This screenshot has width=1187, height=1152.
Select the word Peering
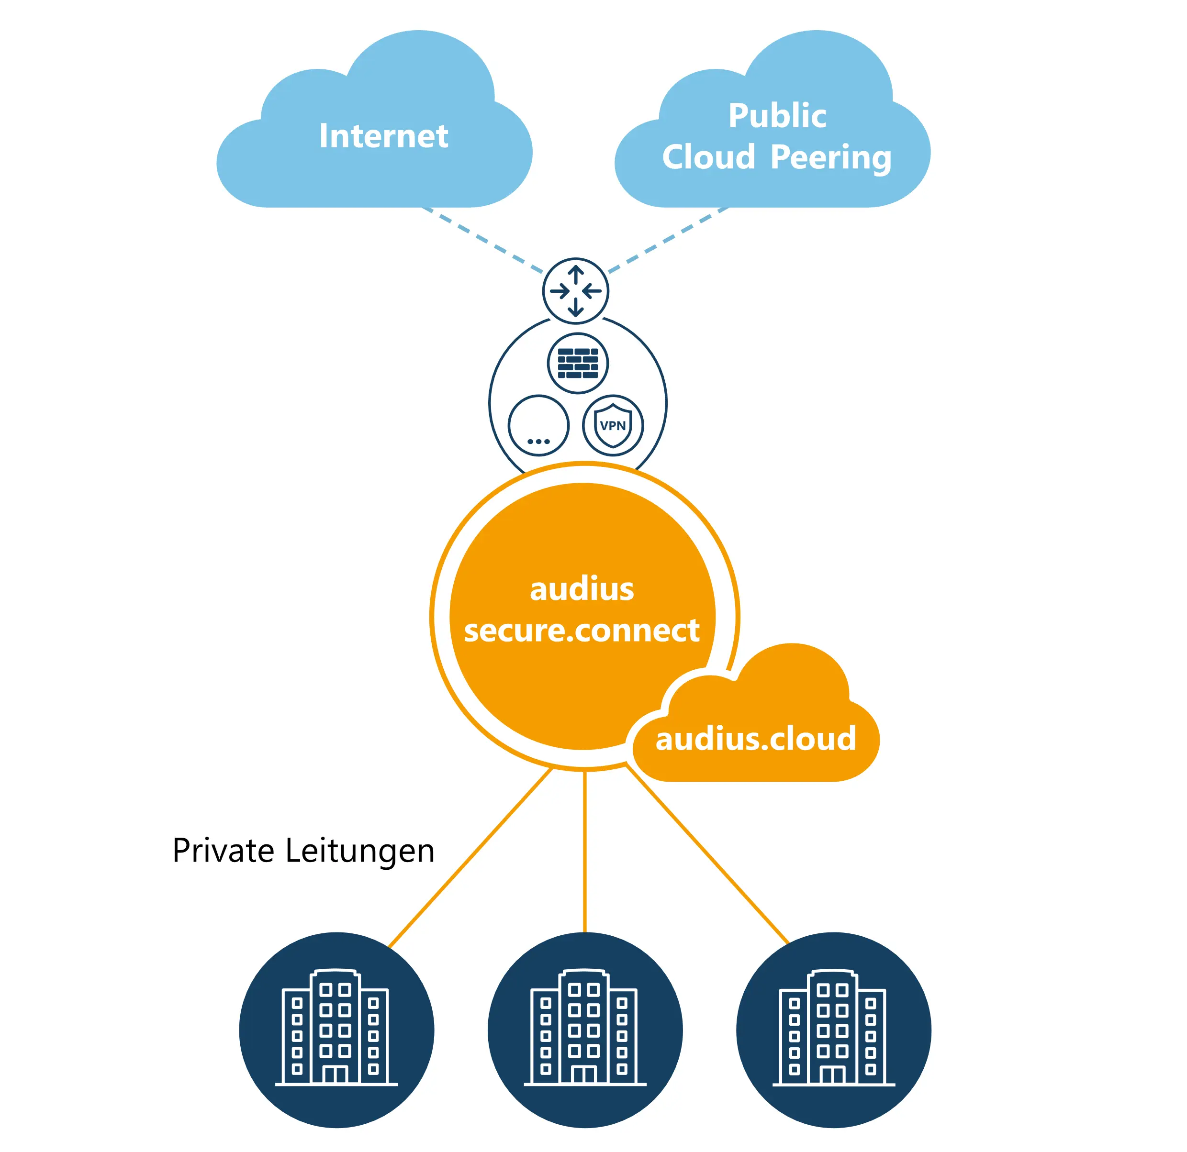[831, 157]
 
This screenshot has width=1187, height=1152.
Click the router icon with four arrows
[575, 291]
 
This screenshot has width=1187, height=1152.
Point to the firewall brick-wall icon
[578, 363]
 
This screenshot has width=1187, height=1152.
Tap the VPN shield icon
[613, 426]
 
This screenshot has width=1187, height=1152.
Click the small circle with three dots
[538, 426]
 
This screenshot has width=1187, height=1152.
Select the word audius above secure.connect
[582, 589]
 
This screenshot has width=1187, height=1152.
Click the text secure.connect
[582, 631]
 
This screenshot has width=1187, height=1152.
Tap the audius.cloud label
[756, 739]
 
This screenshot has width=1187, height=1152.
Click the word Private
[223, 851]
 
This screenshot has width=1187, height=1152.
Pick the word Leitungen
[360, 851]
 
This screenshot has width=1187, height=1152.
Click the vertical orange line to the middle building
[584, 848]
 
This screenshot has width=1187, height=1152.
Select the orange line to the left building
[471, 858]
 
